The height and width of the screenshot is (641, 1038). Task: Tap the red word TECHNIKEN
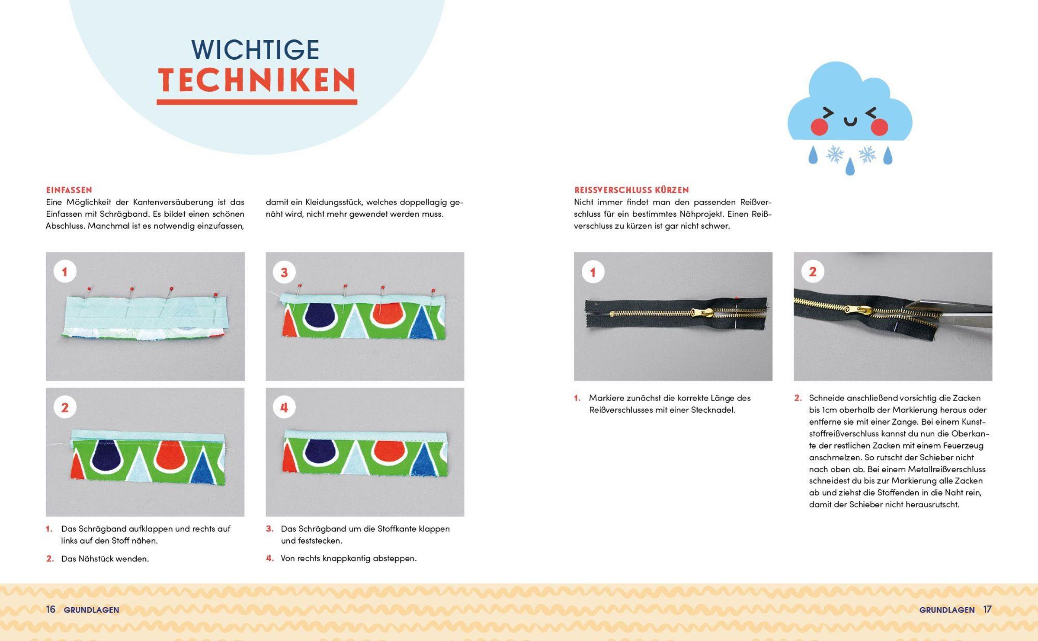[257, 80]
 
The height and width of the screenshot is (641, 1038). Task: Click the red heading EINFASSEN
[69, 190]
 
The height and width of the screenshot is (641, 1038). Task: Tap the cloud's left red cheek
[819, 127]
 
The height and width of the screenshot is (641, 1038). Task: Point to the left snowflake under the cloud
[835, 154]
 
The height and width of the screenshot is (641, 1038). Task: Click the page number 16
[51, 609]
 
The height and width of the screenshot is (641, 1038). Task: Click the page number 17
[987, 609]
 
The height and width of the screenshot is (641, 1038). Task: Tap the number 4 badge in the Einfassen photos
[284, 407]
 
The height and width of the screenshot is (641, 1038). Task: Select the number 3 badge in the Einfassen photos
[284, 272]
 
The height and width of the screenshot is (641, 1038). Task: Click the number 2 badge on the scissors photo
[813, 272]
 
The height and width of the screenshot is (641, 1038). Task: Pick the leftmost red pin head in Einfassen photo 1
[89, 288]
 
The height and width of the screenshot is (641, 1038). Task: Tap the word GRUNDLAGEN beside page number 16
[91, 610]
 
